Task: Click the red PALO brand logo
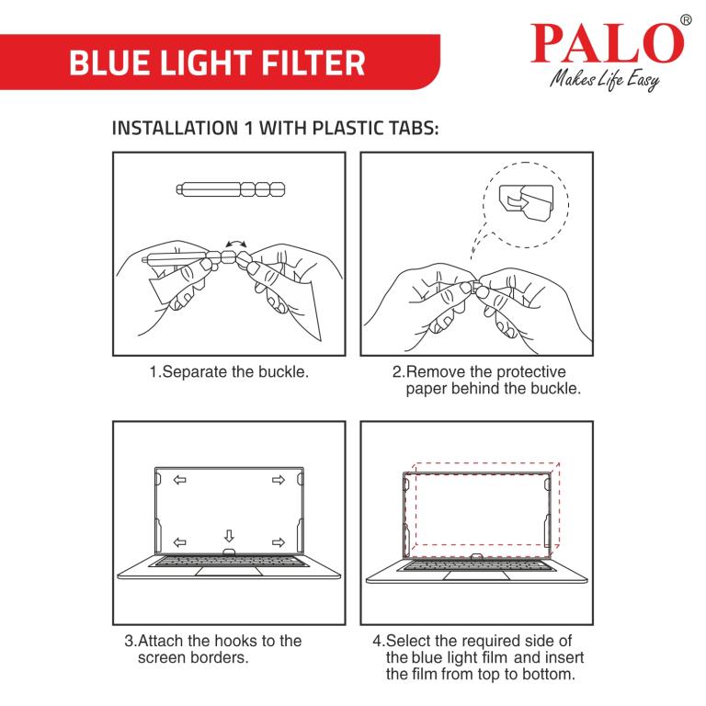pos(608,43)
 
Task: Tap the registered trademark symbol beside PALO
pos(685,20)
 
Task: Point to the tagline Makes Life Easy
pos(605,80)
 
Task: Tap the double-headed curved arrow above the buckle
pos(236,244)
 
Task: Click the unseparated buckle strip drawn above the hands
pos(231,189)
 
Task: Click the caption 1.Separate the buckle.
pos(229,372)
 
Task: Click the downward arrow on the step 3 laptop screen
pos(229,536)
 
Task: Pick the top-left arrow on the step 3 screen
pos(180,480)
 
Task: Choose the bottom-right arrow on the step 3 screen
pos(279,542)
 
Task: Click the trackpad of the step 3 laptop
pos(229,572)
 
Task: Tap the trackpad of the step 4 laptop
pos(477,575)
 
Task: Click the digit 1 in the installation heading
pos(248,129)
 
